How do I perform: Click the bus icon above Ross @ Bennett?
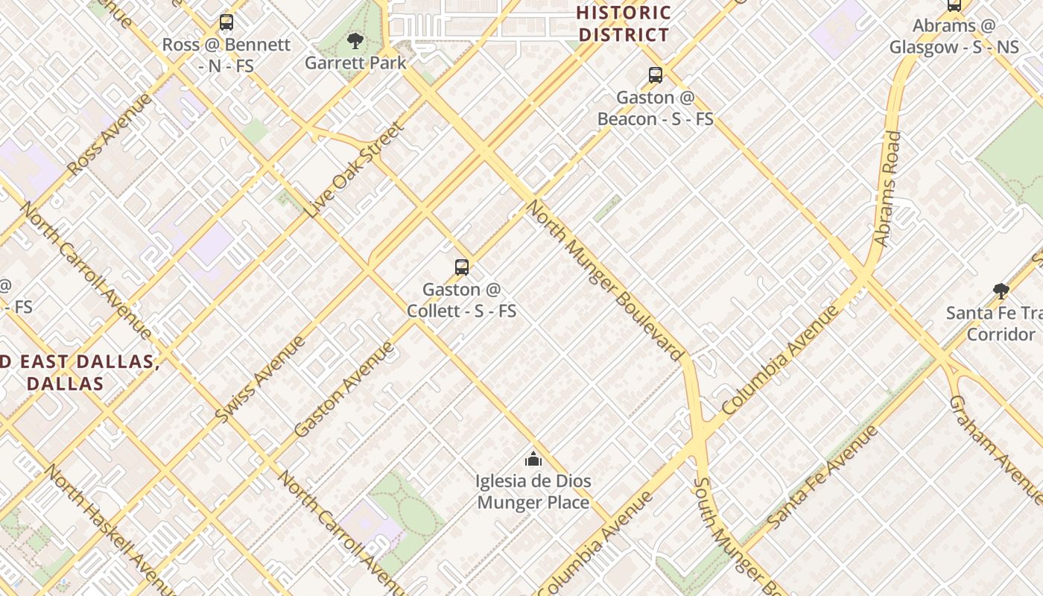click(x=226, y=22)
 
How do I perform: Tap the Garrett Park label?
click(x=355, y=63)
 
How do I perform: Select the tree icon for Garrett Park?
click(x=355, y=40)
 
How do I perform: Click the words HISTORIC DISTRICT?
click(x=624, y=24)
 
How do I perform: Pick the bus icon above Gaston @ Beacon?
click(x=656, y=74)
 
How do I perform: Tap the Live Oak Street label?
click(x=355, y=170)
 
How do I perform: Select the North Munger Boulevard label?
click(x=605, y=280)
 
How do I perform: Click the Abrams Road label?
click(x=887, y=189)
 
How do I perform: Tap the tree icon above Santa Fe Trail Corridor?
click(x=1001, y=291)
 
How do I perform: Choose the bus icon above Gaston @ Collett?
click(x=462, y=267)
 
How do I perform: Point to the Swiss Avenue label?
click(x=260, y=380)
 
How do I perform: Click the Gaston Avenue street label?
click(x=343, y=390)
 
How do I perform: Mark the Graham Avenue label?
click(x=995, y=448)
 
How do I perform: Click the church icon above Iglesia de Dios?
click(x=533, y=459)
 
